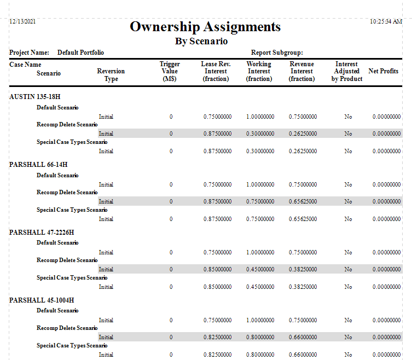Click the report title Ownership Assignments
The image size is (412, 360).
tap(205, 27)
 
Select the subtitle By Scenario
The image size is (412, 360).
tap(201, 41)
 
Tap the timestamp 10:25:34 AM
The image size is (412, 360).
tap(386, 21)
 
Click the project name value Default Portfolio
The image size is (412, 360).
tap(80, 53)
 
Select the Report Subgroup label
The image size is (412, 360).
tap(277, 53)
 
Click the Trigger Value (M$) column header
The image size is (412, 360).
tap(170, 72)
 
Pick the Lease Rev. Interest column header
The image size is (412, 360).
tap(216, 72)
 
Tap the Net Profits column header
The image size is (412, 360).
tap(384, 71)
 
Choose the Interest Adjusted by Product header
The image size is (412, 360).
tap(347, 72)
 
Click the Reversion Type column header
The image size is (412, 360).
tap(111, 75)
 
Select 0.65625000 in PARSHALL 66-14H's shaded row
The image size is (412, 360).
tap(303, 201)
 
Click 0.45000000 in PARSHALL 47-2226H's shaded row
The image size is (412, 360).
tap(260, 269)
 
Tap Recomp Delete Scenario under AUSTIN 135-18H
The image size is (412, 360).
tap(67, 125)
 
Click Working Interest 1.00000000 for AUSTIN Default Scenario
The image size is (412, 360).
tap(260, 117)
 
